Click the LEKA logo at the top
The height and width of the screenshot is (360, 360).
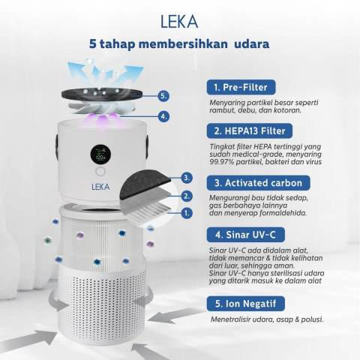(x=179, y=16)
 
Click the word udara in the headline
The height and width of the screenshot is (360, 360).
(x=244, y=43)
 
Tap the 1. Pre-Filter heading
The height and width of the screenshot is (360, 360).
(x=241, y=86)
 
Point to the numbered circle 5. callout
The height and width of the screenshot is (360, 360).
(x=163, y=96)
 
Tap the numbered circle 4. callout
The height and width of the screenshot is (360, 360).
(x=163, y=116)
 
